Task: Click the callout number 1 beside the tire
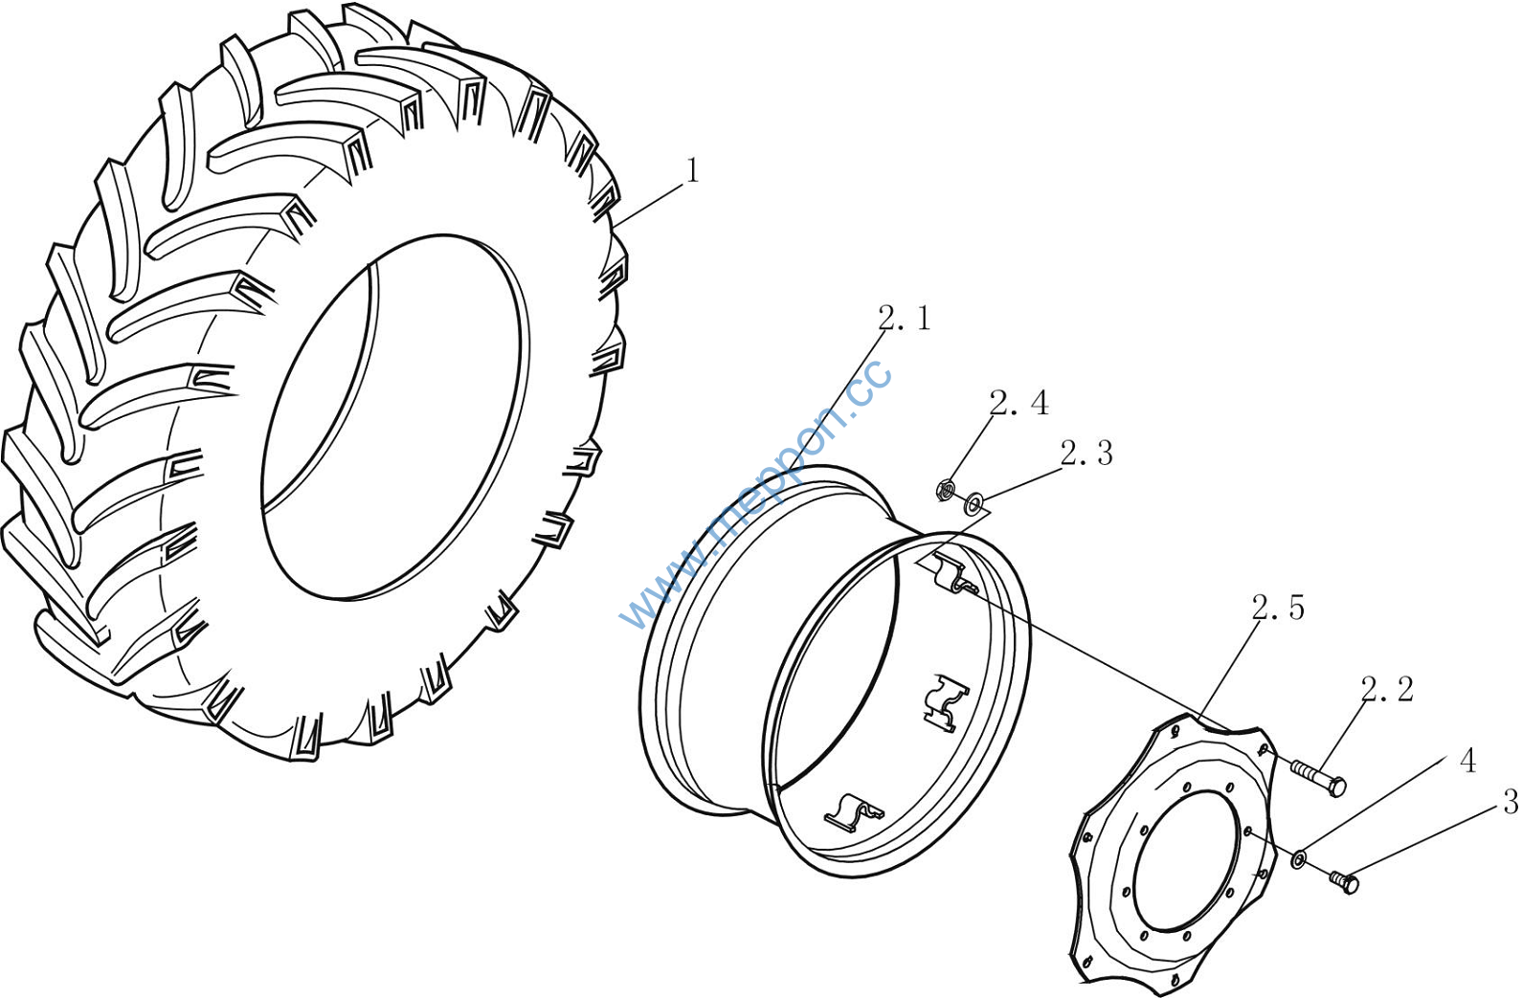pyautogui.click(x=692, y=170)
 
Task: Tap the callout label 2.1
pyautogui.click(x=905, y=318)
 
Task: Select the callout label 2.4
pyautogui.click(x=1018, y=403)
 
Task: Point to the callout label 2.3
pyautogui.click(x=1087, y=454)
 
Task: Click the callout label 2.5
pyautogui.click(x=1278, y=608)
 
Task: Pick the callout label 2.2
pyautogui.click(x=1387, y=690)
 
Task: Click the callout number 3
pyautogui.click(x=1511, y=803)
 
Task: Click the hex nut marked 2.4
pyautogui.click(x=946, y=490)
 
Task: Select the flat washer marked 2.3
pyautogui.click(x=974, y=503)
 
